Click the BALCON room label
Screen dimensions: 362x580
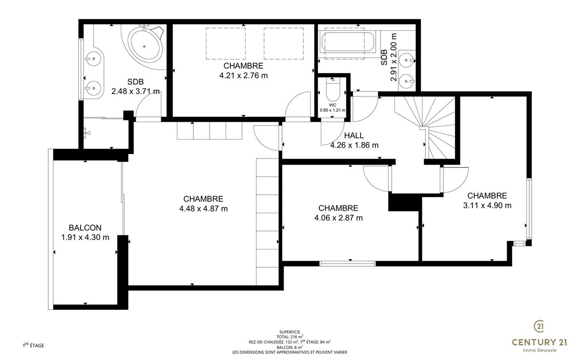pos(85,228)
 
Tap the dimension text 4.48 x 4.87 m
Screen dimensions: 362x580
pos(203,209)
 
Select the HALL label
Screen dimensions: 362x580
pos(354,136)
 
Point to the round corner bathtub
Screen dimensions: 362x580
pos(144,44)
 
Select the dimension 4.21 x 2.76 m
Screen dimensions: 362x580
pos(243,75)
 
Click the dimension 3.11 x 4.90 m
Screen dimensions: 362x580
pos(487,205)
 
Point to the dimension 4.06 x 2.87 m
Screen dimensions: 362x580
pos(338,218)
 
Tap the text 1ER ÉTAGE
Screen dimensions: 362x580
pos(33,346)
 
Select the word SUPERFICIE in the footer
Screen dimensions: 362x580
pos(290,332)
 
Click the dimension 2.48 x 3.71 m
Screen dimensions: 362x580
pos(136,91)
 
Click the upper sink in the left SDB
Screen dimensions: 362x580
pos(92,59)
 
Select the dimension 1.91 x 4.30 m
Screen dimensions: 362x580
pos(85,237)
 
